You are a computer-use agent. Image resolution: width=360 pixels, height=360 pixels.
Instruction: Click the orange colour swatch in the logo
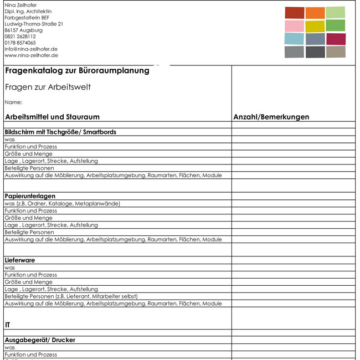[315, 13]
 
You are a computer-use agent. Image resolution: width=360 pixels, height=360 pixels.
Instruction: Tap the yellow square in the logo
[315, 26]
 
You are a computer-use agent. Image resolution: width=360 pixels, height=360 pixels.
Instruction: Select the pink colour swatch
[294, 26]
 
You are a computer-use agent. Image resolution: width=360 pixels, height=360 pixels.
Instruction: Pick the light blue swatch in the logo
[294, 39]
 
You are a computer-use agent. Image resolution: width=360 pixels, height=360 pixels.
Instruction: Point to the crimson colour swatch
[336, 39]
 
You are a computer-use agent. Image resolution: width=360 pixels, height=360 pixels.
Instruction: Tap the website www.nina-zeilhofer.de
[31, 55]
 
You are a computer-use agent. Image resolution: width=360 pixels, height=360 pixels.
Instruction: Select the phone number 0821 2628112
[20, 37]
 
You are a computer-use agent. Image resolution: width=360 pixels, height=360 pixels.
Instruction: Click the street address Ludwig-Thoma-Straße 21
[34, 24]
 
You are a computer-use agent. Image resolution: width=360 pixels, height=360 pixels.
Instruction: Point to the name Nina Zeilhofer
[20, 5]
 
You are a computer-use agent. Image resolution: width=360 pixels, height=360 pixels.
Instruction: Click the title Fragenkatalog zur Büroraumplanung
[77, 71]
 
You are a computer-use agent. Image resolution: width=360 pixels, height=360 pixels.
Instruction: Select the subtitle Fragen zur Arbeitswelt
[48, 87]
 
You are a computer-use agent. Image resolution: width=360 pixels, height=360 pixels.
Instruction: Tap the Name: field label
[13, 102]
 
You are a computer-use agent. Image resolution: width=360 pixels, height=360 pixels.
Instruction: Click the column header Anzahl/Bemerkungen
[271, 117]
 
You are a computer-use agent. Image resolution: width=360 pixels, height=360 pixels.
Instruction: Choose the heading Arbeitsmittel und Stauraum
[52, 117]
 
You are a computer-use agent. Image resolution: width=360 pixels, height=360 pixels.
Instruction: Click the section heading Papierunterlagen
[30, 196]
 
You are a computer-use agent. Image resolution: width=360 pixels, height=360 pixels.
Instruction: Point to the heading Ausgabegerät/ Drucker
[40, 340]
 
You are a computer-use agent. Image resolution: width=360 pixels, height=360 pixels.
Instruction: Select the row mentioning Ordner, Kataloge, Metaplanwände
[62, 203]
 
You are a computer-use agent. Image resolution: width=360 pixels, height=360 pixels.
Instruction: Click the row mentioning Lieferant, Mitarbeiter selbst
[71, 296]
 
